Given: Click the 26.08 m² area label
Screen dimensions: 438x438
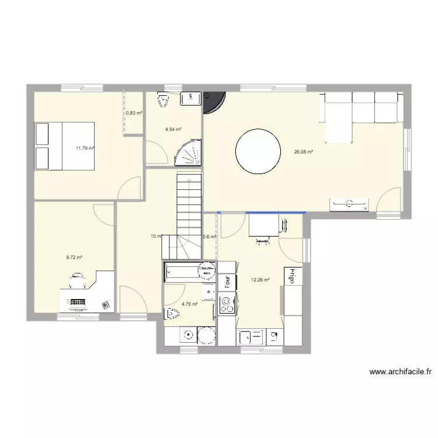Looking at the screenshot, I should [x=303, y=152].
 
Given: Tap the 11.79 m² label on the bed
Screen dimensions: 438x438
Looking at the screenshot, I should [x=85, y=148].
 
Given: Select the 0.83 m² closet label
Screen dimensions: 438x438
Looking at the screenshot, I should [x=134, y=113].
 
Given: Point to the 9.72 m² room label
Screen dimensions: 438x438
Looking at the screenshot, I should [x=74, y=257].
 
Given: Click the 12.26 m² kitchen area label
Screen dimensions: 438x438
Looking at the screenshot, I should [x=260, y=280].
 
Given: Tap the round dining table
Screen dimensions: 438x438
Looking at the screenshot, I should [x=256, y=151].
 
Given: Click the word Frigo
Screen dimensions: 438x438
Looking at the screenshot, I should [x=289, y=276].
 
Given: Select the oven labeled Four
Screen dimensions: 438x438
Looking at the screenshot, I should [x=227, y=282].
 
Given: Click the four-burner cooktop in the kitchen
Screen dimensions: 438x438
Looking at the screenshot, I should [x=227, y=304].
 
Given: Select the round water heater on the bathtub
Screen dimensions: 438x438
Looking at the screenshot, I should [x=205, y=270].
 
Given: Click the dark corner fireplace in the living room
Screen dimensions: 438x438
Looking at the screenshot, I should [x=211, y=102].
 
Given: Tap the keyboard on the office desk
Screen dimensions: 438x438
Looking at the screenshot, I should [x=78, y=302].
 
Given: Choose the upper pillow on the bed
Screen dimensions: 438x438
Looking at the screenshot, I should [x=42, y=134].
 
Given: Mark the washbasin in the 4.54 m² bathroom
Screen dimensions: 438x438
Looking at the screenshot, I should [x=189, y=99].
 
